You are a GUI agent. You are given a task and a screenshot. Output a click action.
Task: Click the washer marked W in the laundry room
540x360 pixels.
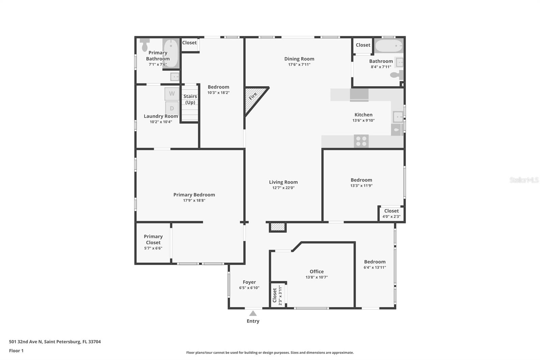[x=172, y=94]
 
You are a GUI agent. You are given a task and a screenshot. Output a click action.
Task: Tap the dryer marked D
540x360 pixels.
[x=172, y=108]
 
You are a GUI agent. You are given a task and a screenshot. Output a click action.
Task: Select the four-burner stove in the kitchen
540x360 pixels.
[x=361, y=141]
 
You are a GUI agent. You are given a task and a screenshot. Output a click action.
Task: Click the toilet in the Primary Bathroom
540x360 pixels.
[x=144, y=45]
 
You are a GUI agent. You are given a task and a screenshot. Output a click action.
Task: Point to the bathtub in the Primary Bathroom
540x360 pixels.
[x=171, y=53]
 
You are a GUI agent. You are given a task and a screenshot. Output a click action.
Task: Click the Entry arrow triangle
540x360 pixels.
[x=253, y=313]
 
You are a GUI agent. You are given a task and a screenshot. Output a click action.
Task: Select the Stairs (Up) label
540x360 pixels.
[x=190, y=99]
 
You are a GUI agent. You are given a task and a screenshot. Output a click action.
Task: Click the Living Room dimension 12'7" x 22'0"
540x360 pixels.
[x=283, y=188]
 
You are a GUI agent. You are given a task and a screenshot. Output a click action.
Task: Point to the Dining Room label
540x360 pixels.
[x=299, y=59]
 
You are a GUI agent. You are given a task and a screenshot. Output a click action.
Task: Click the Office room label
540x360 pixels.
[x=317, y=272]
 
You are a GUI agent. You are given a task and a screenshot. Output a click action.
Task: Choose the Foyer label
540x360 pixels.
[x=249, y=282]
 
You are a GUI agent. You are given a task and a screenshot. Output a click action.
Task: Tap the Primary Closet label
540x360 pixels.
[x=153, y=239]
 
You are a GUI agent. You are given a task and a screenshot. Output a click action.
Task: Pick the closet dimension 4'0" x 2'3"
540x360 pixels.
[x=391, y=216]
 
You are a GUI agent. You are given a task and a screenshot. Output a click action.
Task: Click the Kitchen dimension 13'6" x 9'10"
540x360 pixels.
[x=363, y=121]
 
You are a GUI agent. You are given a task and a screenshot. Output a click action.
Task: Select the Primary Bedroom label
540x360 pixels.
[x=194, y=195]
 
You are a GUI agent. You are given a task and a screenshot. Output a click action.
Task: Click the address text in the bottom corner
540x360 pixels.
[x=55, y=342]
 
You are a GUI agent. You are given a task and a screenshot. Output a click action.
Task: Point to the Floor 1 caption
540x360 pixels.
[x=16, y=351]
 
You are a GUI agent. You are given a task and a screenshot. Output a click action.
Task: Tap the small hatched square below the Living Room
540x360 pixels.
[x=277, y=227]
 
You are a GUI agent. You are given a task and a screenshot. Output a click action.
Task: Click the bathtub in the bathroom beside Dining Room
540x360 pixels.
[x=388, y=46]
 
